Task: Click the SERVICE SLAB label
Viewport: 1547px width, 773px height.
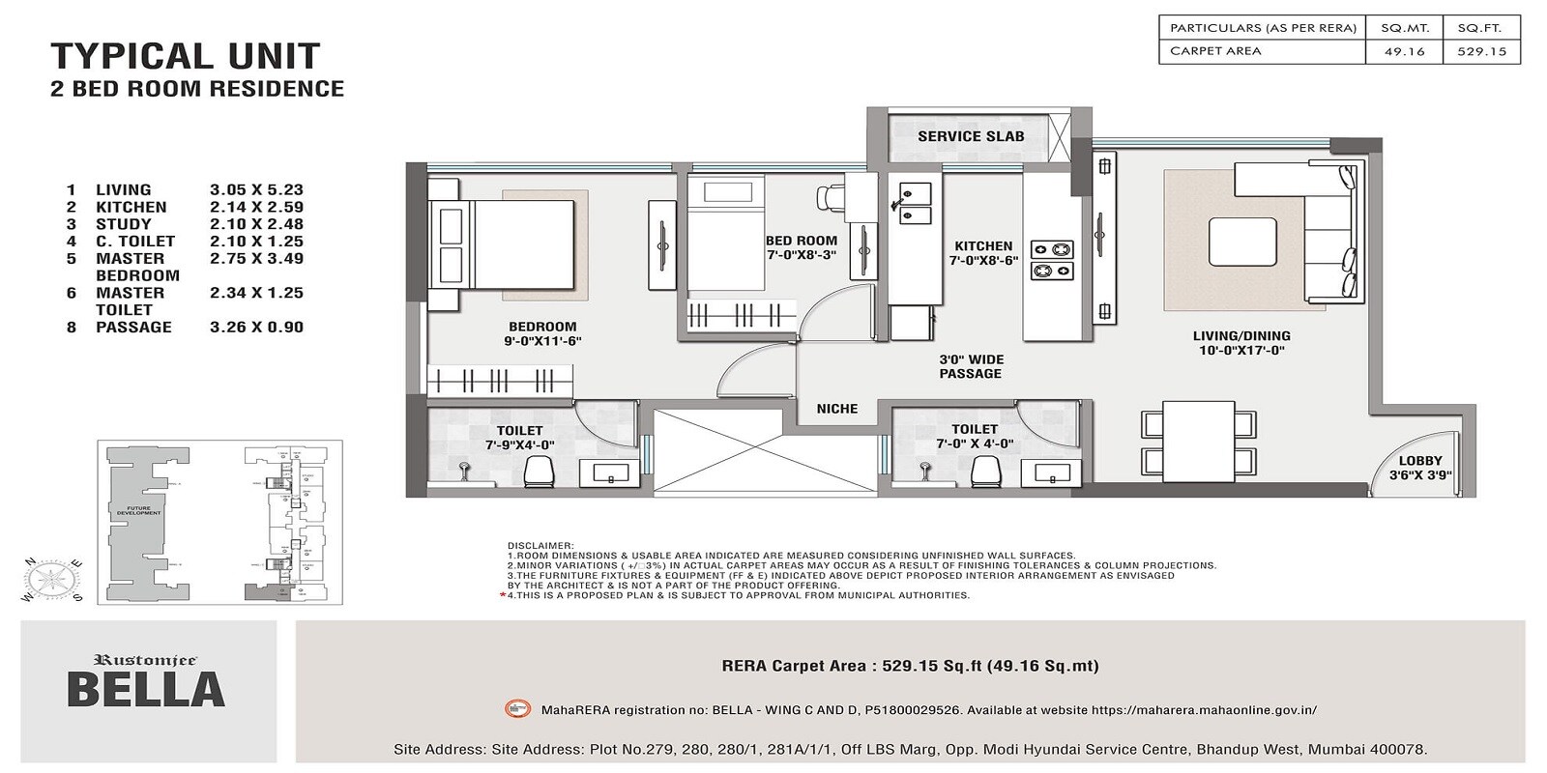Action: coord(970,137)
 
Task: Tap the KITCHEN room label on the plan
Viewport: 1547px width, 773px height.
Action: coord(983,246)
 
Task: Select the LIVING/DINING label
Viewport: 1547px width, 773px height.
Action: coord(1241,336)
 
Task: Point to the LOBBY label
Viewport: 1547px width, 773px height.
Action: coord(1419,461)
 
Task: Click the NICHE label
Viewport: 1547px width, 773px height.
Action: coord(836,409)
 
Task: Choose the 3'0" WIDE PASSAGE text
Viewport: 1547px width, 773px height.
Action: coord(970,366)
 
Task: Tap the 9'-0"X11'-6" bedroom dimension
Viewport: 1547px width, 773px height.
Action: coord(541,341)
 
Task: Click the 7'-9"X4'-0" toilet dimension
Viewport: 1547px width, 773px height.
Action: coord(519,444)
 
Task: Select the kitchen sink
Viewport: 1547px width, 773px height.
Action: coord(915,204)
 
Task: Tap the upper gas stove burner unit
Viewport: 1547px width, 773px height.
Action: coord(1052,249)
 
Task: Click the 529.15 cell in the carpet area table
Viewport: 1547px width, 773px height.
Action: coord(1481,51)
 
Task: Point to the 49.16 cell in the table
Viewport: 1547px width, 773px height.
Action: coord(1404,51)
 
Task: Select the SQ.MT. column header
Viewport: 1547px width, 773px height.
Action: coord(1404,28)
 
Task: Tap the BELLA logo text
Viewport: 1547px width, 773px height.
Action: coord(146,690)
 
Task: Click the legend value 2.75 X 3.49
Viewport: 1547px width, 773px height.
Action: coord(256,259)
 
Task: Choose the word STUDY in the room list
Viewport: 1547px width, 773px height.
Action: coord(123,224)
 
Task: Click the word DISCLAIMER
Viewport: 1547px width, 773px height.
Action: coord(540,546)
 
